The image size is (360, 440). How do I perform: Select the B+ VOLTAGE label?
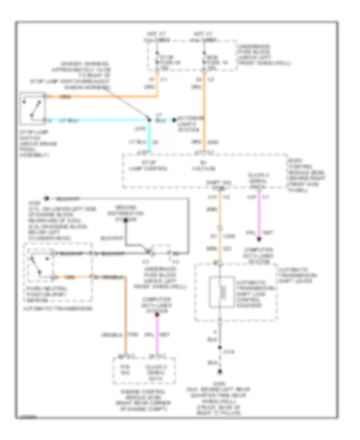(207, 166)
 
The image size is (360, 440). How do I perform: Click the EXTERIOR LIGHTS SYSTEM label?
(191, 123)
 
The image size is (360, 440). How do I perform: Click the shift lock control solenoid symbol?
(220, 292)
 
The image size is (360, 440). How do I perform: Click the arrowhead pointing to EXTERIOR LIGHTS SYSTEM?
(174, 120)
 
